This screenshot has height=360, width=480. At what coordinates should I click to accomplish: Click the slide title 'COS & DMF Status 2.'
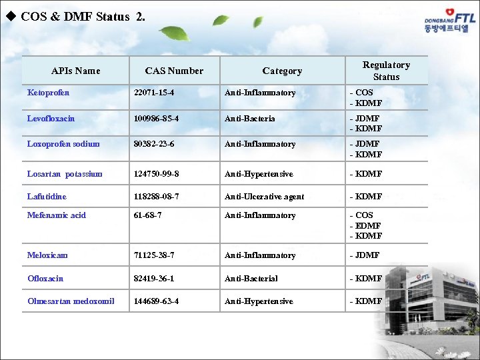point(83,17)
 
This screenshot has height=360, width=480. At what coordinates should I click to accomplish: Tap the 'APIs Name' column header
point(75,71)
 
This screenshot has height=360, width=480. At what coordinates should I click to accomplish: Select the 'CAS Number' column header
point(174,71)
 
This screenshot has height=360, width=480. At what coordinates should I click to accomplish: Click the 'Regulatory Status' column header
point(386,71)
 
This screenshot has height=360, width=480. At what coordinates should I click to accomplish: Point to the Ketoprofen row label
point(48,93)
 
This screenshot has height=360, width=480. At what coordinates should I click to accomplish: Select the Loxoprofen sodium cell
point(63,144)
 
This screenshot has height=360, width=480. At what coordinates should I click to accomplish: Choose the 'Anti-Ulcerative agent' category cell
point(264,197)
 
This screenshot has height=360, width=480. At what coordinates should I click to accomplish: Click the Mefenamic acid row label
point(57,215)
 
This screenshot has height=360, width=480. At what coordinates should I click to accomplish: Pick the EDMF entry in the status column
point(366,226)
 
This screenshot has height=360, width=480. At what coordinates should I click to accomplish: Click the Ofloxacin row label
point(45,279)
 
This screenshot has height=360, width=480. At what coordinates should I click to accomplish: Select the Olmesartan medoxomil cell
point(71,301)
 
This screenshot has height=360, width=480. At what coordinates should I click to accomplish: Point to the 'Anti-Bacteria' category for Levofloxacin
point(250,119)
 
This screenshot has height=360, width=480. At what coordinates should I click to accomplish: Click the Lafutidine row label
point(47,197)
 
